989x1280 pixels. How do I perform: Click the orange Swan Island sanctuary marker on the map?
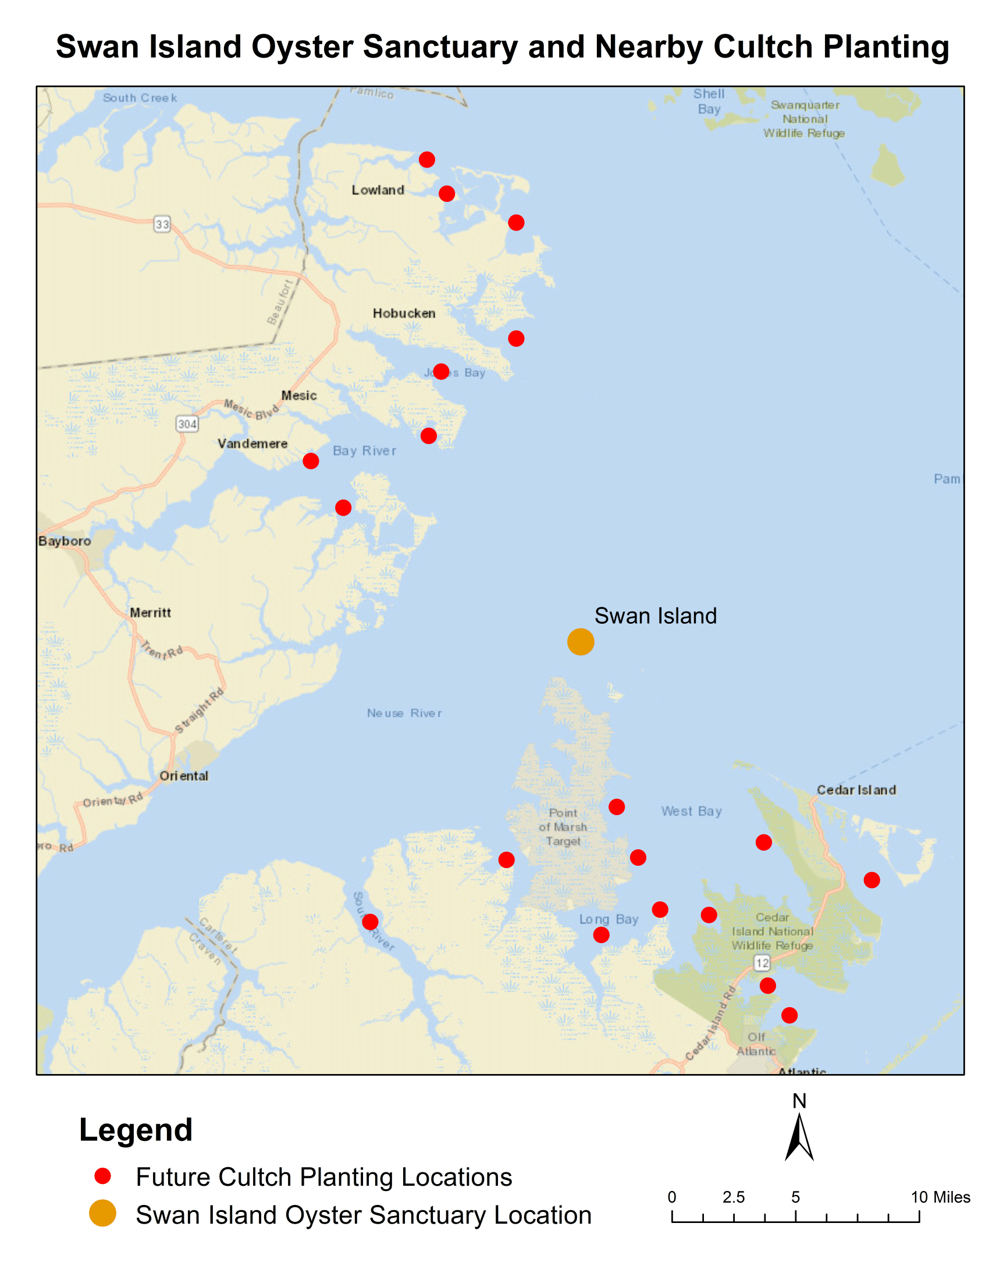pyautogui.click(x=580, y=641)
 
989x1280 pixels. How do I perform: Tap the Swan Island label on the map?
pyautogui.click(x=655, y=616)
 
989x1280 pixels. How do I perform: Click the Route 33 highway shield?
pyautogui.click(x=162, y=224)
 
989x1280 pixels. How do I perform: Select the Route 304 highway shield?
pyautogui.click(x=187, y=424)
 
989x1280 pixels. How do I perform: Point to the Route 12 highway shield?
pyautogui.click(x=762, y=962)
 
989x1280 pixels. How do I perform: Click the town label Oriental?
pyautogui.click(x=184, y=776)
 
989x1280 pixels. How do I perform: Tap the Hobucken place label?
pyautogui.click(x=404, y=314)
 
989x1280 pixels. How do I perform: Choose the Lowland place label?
pyautogui.click(x=378, y=190)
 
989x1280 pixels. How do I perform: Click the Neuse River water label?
pyautogui.click(x=404, y=713)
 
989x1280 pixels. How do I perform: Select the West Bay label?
pyautogui.click(x=691, y=811)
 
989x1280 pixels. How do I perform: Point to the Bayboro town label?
pyautogui.click(x=65, y=541)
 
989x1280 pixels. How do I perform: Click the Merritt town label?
pyautogui.click(x=150, y=613)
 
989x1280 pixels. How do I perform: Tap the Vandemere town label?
pyautogui.click(x=252, y=444)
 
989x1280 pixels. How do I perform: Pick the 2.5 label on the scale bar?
pyautogui.click(x=733, y=1197)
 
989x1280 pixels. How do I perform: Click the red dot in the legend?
pyautogui.click(x=102, y=1176)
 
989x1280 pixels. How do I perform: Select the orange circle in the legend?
pyautogui.click(x=102, y=1213)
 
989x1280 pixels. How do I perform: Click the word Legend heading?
pyautogui.click(x=136, y=1130)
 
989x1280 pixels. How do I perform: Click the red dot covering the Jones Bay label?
pyautogui.click(x=440, y=371)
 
